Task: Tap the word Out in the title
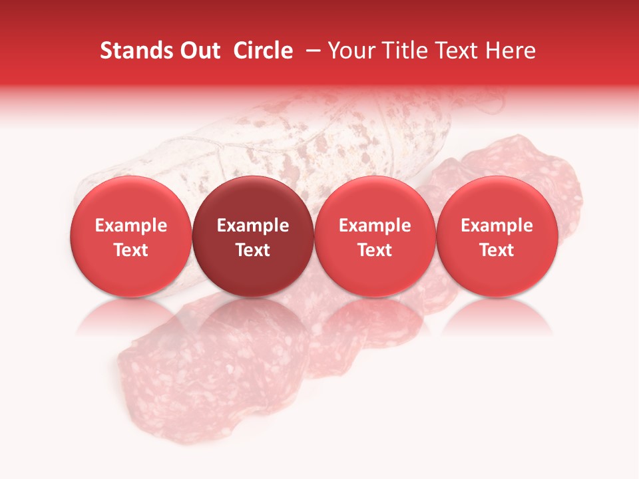pos(198,51)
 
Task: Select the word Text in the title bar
pos(453,51)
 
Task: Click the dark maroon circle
pos(253,237)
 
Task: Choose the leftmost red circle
pos(130,237)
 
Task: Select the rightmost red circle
pos(497,237)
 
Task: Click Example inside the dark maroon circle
pos(253,226)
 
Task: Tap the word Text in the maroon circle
pos(253,250)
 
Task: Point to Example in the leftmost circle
pos(130,226)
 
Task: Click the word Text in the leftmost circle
pos(130,250)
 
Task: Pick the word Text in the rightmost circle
pos(497,250)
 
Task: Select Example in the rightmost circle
pos(497,226)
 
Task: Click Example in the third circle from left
pos(375,226)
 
